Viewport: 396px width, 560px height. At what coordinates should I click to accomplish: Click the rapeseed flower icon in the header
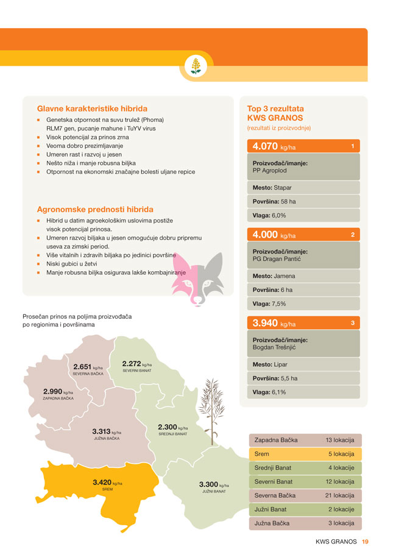point(196,65)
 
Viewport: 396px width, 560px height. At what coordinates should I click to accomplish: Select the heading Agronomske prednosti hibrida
point(95,209)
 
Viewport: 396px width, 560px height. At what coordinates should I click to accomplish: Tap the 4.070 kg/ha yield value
point(274,147)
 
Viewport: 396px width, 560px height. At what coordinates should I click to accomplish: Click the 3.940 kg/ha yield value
point(274,324)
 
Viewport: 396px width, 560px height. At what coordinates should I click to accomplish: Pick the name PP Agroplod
point(270,171)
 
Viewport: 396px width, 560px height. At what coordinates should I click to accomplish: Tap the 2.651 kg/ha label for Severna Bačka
point(88,368)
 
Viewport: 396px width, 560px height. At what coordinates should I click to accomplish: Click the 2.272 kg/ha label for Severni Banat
point(137,365)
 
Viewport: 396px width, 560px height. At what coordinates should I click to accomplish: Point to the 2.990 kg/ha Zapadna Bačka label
point(58,392)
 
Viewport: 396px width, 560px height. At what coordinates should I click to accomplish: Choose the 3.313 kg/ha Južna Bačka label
point(107,433)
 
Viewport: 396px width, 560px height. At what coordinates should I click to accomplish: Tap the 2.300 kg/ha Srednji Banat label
point(172,428)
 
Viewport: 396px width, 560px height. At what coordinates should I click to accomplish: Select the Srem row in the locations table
point(305,454)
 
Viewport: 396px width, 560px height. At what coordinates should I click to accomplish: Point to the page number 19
point(365,541)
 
